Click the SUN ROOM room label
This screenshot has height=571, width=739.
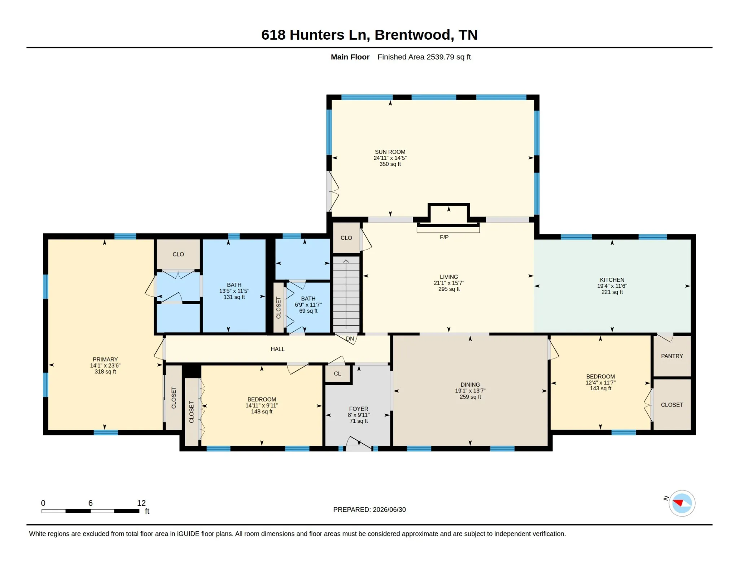(390, 152)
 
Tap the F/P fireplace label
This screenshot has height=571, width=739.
(444, 237)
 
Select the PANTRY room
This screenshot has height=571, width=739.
(672, 356)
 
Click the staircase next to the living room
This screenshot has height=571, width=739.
(346, 294)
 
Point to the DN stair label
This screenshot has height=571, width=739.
(350, 339)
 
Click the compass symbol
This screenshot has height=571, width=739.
(682, 503)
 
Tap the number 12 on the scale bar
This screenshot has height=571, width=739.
(141, 503)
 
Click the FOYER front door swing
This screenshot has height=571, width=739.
(358, 443)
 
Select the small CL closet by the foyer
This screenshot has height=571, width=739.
(337, 374)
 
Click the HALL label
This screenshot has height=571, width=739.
(277, 349)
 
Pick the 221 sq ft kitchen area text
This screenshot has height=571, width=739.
(612, 292)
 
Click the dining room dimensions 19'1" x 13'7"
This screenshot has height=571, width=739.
(470, 391)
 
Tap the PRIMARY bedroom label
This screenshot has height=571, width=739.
(105, 359)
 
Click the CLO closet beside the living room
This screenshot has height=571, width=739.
(346, 238)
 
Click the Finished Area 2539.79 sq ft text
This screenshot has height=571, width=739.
(424, 57)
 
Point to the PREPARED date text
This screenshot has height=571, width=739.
(369, 510)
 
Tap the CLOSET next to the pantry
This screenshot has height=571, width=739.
(672, 405)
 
